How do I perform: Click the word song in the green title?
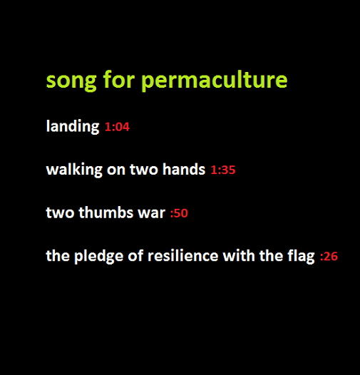click(x=71, y=81)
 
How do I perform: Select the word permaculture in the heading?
click(x=215, y=80)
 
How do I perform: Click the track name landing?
click(x=73, y=126)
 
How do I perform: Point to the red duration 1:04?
click(x=117, y=127)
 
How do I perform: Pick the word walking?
click(x=74, y=170)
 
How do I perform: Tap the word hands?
click(x=184, y=170)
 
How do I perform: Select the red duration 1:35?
click(x=223, y=170)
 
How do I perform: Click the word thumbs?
click(x=106, y=212)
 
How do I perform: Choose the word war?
click(x=152, y=213)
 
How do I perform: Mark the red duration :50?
click(x=179, y=213)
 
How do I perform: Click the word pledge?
click(x=99, y=257)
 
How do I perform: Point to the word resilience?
click(x=183, y=255)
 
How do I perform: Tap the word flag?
click(x=301, y=257)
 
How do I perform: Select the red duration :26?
click(x=329, y=257)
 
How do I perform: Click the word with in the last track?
click(x=239, y=255)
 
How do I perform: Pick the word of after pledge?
click(x=136, y=255)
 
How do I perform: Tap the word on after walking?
click(x=116, y=170)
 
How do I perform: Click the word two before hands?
click(x=144, y=170)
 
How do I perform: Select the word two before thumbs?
click(x=60, y=213)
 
